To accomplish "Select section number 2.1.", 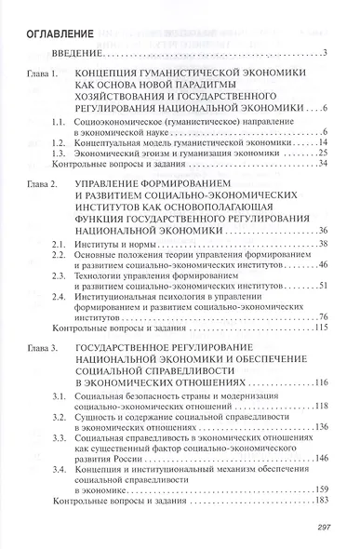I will pyautogui.click(x=83, y=244).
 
